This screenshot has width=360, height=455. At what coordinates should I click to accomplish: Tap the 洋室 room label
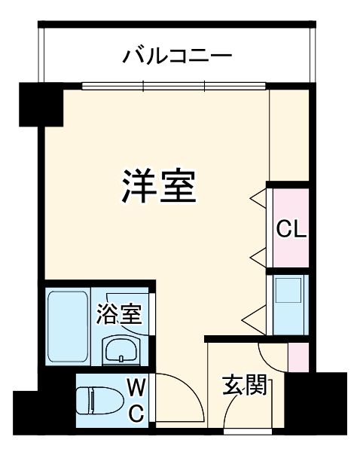point(158,186)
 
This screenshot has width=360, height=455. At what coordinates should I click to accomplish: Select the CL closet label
point(290,229)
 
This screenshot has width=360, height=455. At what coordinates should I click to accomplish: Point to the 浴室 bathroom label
point(118,314)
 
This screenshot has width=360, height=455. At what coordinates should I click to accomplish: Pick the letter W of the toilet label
point(136,388)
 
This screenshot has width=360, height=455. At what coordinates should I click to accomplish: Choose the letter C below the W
point(136,413)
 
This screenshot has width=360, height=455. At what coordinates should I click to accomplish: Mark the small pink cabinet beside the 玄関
point(298,356)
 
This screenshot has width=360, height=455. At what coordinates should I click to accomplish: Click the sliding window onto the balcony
point(175,85)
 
